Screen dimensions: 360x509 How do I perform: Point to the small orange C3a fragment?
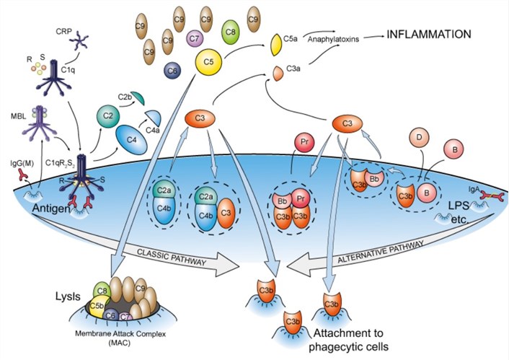click(277, 73)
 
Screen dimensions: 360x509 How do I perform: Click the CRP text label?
click(63, 32)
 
